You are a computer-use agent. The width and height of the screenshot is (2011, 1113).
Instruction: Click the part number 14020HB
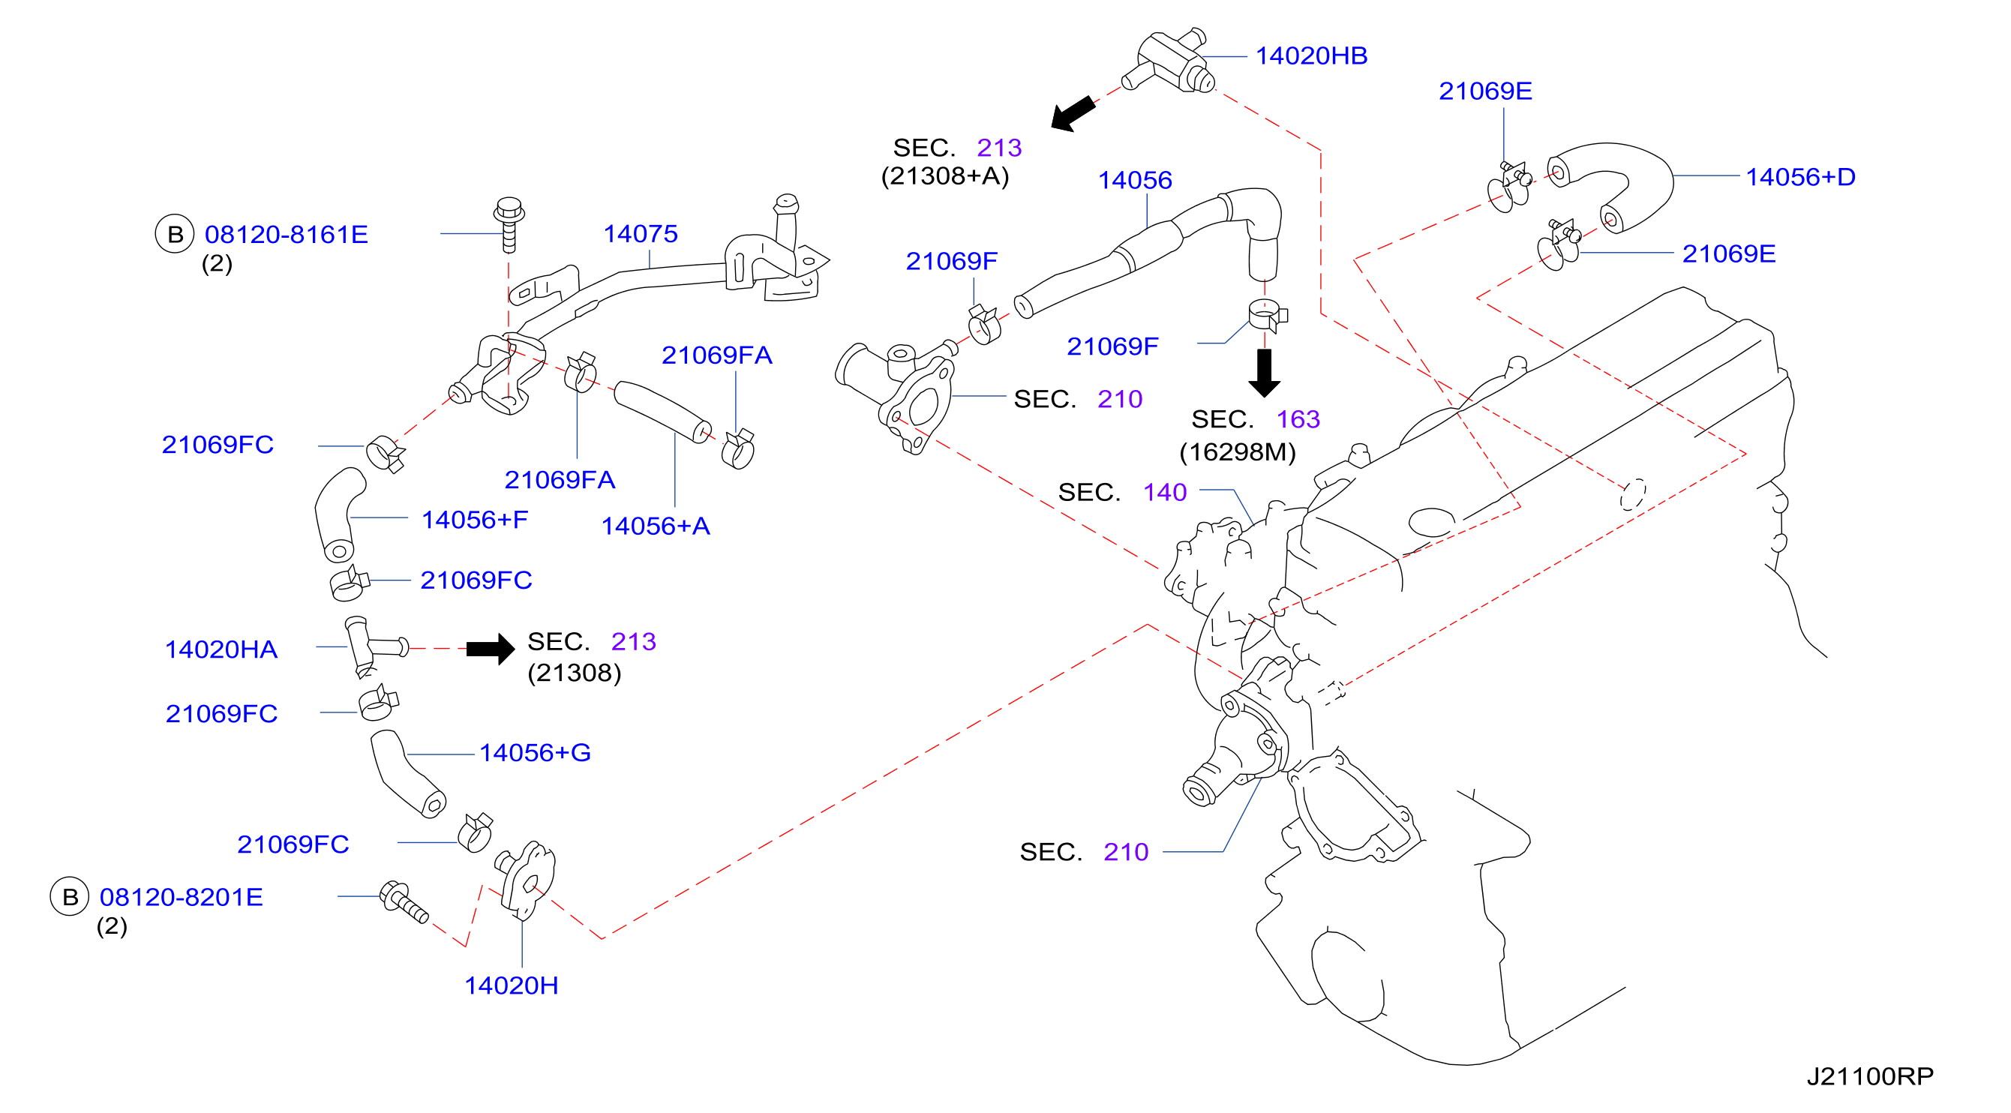tap(1310, 56)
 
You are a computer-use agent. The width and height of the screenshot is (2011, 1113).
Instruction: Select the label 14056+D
tap(1800, 177)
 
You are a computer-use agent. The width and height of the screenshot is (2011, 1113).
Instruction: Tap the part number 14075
tap(640, 233)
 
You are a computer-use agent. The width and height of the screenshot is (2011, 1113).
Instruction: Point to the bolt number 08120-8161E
tap(286, 234)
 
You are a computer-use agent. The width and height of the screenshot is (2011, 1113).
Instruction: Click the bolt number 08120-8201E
tap(181, 897)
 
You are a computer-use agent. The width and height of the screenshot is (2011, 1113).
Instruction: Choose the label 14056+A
tap(655, 526)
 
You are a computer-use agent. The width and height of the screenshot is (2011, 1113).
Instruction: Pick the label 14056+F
tap(475, 520)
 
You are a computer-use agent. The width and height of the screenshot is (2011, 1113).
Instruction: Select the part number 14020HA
tap(221, 649)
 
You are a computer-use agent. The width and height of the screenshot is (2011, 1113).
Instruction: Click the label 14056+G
tap(535, 752)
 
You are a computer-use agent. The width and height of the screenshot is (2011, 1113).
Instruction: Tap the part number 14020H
tap(512, 985)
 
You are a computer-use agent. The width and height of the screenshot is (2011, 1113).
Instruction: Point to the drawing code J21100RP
tap(1870, 1076)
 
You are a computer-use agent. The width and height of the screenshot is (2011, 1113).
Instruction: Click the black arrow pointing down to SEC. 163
tap(1264, 373)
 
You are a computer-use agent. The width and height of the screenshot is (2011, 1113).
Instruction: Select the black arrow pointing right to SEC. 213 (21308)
tap(491, 649)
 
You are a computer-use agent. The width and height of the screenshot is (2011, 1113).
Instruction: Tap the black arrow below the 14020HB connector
tap(1073, 114)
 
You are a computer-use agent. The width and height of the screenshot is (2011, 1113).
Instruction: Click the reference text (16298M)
tap(1238, 452)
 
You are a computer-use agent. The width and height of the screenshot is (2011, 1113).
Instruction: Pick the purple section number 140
tap(1165, 493)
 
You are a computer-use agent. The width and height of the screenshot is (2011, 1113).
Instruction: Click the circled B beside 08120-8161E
tap(175, 234)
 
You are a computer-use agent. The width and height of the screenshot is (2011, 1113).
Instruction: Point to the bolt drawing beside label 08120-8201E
tap(404, 902)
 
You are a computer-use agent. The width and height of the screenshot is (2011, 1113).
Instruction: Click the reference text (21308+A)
tap(944, 176)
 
